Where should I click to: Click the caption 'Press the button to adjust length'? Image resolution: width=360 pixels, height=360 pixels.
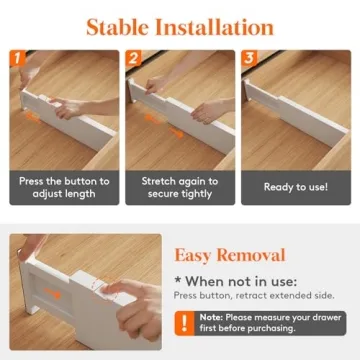point(63,187)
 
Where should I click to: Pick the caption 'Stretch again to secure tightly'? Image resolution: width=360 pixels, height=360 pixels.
point(179,187)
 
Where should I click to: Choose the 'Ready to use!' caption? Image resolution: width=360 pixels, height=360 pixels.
point(295,187)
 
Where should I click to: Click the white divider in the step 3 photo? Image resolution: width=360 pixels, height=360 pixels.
point(300,120)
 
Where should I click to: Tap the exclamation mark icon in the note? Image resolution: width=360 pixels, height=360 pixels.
point(186,322)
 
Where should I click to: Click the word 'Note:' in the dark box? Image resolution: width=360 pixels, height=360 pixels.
point(210,317)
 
